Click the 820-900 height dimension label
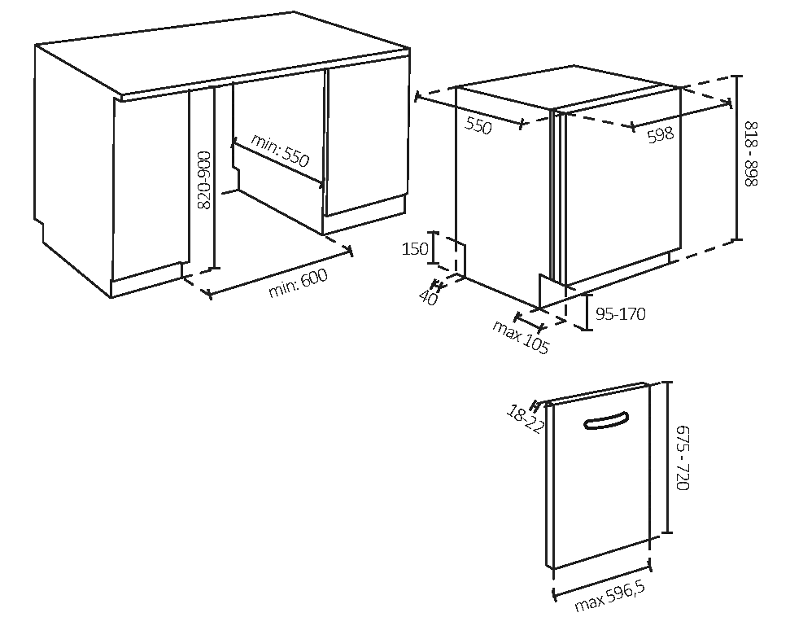(x=204, y=180)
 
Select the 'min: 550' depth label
(x=280, y=150)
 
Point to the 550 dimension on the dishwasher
(x=478, y=125)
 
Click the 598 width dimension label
(x=660, y=134)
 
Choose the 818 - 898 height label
(x=751, y=154)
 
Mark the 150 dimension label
(x=415, y=248)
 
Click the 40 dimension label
(x=429, y=297)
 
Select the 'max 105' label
(x=521, y=337)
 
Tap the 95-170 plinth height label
(x=621, y=314)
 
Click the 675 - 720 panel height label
(x=682, y=457)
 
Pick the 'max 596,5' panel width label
(x=610, y=597)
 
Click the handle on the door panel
(x=607, y=422)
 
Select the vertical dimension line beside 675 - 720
(x=667, y=457)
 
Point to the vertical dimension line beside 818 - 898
(x=737, y=158)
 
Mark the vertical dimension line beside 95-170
(x=587, y=312)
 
